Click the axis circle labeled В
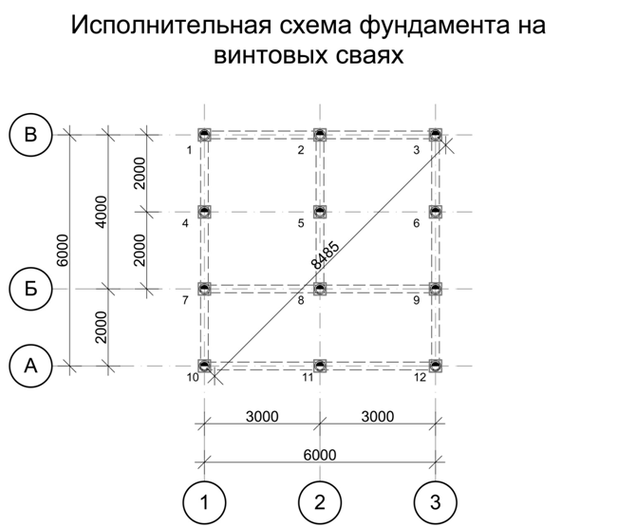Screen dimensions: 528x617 coord(30,135)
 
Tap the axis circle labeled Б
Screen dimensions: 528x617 coord(30,288)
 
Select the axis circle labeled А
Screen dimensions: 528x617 coord(30,365)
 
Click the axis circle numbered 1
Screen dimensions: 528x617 coord(204,500)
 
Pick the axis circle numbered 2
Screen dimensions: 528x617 coord(320,500)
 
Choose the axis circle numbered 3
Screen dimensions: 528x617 coord(436,500)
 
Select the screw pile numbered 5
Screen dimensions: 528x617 coord(320,212)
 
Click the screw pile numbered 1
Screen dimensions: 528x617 coord(204,135)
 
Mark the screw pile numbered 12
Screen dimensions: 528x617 coord(436,365)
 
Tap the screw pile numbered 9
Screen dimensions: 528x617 coord(436,288)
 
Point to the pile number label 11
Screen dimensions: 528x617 coord(308,378)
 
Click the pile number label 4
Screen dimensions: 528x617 coord(186,223)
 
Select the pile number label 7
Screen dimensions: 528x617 coord(186,301)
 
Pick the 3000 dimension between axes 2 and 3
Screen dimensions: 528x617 coord(378,416)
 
